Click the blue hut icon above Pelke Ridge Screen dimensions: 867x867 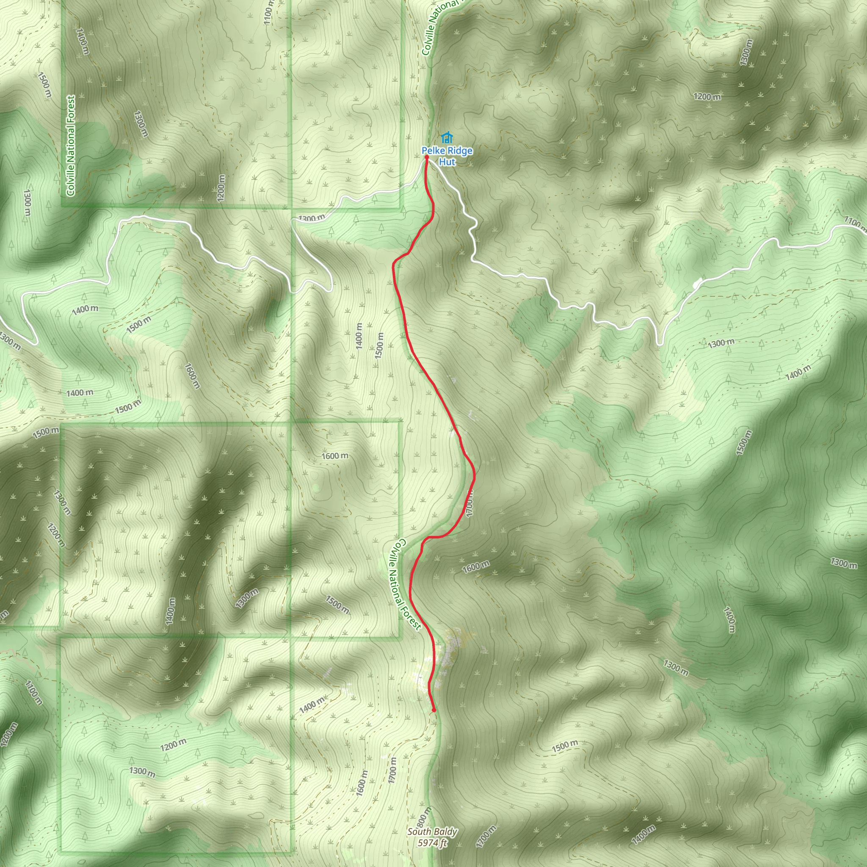(x=446, y=137)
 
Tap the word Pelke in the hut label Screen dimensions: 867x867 (x=433, y=151)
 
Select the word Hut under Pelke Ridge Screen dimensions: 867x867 (x=447, y=162)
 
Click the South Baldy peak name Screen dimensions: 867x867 (x=432, y=831)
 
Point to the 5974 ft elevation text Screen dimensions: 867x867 (x=432, y=843)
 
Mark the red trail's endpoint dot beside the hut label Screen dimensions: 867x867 (x=426, y=157)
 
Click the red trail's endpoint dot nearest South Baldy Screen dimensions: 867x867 (x=433, y=710)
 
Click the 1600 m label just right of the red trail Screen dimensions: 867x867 (x=476, y=567)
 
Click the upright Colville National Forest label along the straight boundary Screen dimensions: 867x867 (x=70, y=146)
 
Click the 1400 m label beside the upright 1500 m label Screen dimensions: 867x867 (x=359, y=336)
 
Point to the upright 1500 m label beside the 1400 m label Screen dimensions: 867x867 (x=380, y=345)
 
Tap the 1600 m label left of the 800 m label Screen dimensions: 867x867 (x=362, y=783)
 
